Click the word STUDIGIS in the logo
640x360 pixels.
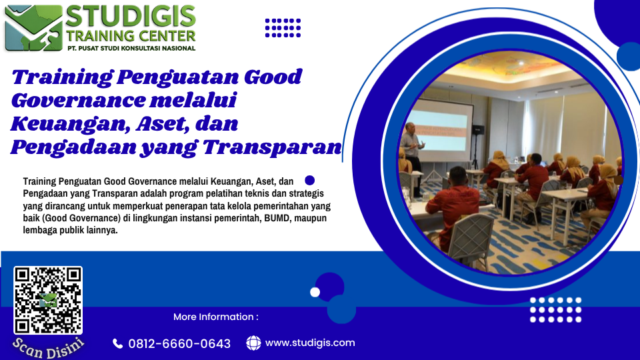point(131,16)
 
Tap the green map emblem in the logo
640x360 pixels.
point(34,28)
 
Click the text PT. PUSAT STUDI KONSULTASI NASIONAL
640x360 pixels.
point(131,48)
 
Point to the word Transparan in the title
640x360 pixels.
point(272,147)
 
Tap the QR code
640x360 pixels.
point(48,301)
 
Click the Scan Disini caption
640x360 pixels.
point(48,348)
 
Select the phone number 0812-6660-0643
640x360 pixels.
point(179,344)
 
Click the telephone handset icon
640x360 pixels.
point(117,344)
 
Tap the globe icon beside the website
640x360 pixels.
point(253,343)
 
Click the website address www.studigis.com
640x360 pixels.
point(310,343)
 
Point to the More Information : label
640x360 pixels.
point(216,317)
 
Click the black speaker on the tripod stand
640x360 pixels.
point(478,130)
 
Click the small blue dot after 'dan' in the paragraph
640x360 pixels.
point(310,181)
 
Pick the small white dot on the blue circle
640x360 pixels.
point(315,292)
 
